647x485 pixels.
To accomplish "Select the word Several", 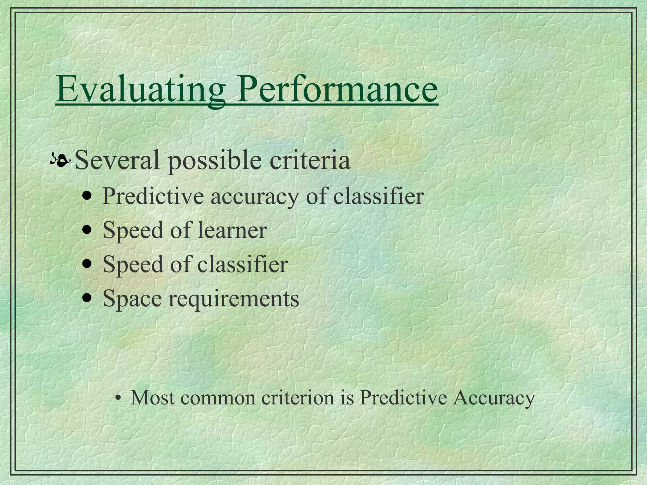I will click(117, 160).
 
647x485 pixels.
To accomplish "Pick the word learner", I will click(232, 230).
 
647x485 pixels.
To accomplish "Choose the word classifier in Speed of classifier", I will click(243, 264).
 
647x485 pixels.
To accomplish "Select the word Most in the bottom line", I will click(153, 398).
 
